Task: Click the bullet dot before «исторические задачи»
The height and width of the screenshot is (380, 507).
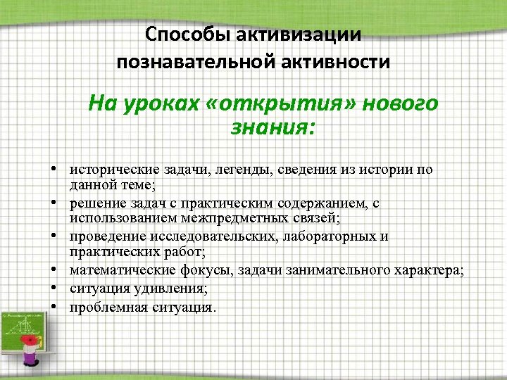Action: [54, 170]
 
